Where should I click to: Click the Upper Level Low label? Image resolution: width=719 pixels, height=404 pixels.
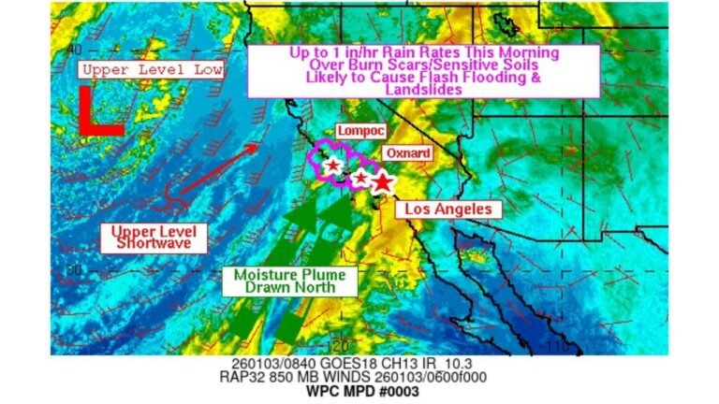pyautogui.click(x=151, y=69)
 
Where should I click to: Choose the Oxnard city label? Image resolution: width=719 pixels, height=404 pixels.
pyautogui.click(x=407, y=152)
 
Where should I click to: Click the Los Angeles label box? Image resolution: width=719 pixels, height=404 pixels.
pyautogui.click(x=448, y=209)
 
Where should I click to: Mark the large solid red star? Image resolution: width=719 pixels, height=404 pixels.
pyautogui.click(x=381, y=182)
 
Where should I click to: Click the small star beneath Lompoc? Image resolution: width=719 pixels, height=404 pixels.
pyautogui.click(x=332, y=166)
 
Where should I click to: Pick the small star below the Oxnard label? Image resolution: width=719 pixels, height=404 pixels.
pyautogui.click(x=360, y=177)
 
